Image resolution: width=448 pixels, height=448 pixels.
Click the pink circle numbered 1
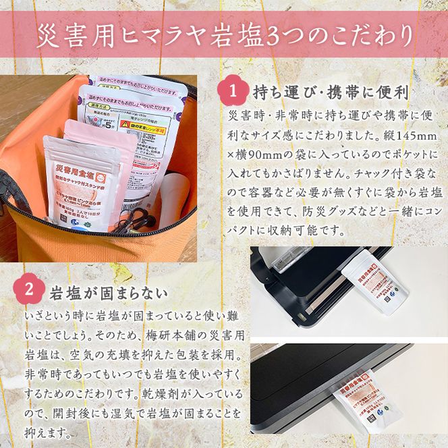pyautogui.click(x=233, y=90)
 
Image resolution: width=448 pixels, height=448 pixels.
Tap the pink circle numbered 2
pyautogui.click(x=30, y=291)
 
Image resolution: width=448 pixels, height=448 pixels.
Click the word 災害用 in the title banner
pyautogui.click(x=75, y=33)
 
